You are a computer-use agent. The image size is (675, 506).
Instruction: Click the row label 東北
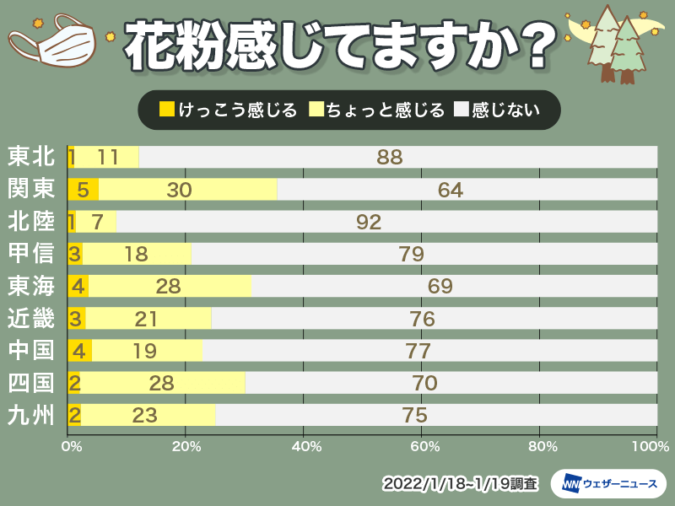click(x=31, y=157)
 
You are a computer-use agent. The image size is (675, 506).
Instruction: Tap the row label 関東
click(x=31, y=190)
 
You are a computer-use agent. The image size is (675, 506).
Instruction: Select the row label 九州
click(x=31, y=415)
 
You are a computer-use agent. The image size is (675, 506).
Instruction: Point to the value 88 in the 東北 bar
click(x=390, y=157)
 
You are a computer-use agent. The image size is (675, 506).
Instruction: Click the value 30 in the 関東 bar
click(x=180, y=190)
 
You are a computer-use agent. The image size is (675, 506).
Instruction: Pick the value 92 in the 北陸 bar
click(x=370, y=222)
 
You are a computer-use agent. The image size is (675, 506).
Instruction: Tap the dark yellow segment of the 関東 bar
click(x=83, y=190)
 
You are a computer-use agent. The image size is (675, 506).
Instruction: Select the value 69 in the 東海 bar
click(x=440, y=286)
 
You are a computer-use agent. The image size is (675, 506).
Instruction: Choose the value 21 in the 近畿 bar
click(x=148, y=319)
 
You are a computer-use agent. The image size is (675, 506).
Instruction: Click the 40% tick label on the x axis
click(x=305, y=444)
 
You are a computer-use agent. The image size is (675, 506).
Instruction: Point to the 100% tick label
click(x=645, y=444)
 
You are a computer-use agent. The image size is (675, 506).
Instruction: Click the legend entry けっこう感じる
click(x=228, y=110)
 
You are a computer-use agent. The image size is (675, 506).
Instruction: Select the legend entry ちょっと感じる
click(x=376, y=110)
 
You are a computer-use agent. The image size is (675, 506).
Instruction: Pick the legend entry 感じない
click(x=496, y=110)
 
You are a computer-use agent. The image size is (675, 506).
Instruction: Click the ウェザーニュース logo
click(x=608, y=483)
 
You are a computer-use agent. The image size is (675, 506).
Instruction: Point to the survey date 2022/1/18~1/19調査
click(x=460, y=484)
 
